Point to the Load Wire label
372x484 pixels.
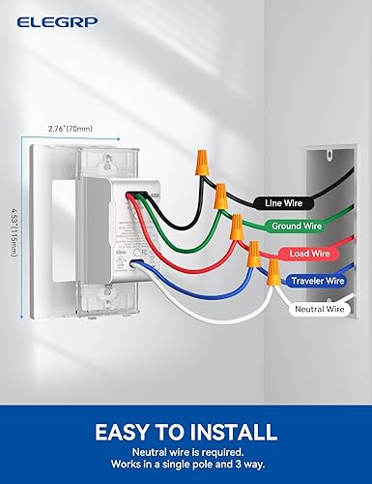click(x=309, y=255)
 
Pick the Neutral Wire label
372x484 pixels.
click(x=319, y=311)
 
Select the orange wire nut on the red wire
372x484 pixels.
click(x=235, y=229)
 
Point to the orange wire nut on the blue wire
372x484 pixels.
click(x=253, y=257)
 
